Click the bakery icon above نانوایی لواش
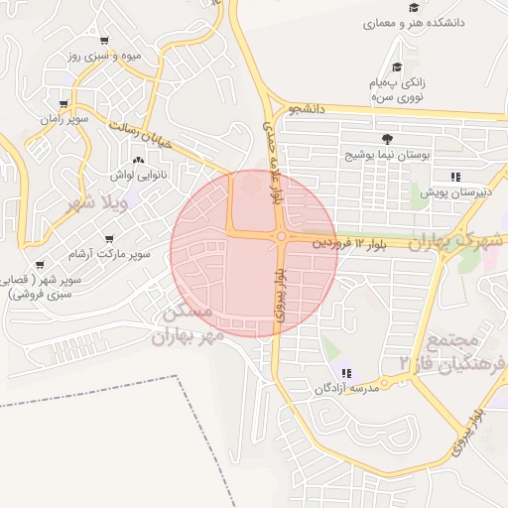137,159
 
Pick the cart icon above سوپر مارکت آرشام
107,238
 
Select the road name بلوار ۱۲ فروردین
347,241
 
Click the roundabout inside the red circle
282,236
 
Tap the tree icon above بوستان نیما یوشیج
386,140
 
